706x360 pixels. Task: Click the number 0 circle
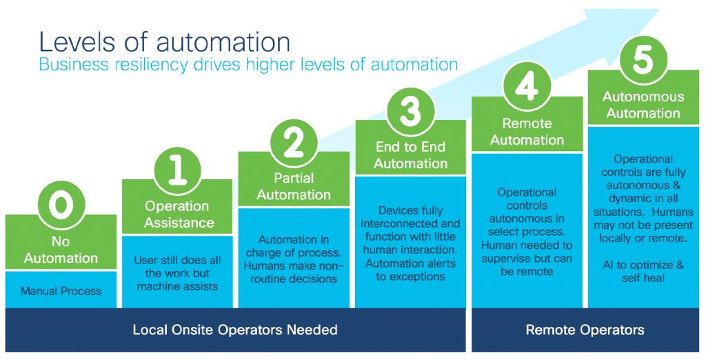point(61,205)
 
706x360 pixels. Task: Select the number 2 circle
point(294,143)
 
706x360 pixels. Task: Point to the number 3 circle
point(410,110)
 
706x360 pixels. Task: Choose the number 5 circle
point(643,60)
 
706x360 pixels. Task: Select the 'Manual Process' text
point(61,291)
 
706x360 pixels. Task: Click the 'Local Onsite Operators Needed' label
point(235,330)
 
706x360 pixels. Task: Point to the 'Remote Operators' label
point(585,330)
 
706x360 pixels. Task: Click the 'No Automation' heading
point(61,250)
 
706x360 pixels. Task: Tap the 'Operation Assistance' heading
point(177,214)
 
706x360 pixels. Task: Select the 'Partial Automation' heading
point(294,187)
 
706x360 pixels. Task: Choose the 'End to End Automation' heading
point(410,155)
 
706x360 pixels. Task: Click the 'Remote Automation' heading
point(527,132)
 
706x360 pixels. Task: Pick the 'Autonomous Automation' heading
point(643,105)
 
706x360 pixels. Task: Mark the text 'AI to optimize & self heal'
point(643,271)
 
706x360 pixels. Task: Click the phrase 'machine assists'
point(177,286)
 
